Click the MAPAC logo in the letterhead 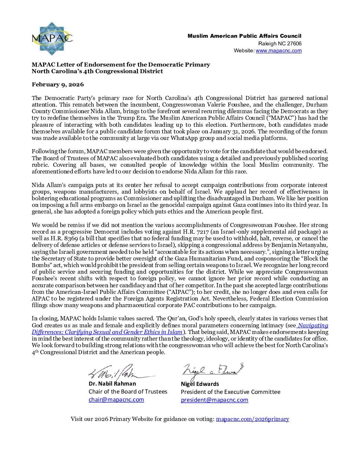point(52,38)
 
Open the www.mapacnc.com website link point(279,51)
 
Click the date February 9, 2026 point(58,84)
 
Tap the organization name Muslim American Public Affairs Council point(244,36)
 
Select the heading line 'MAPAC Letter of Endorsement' point(121,65)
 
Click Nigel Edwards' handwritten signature point(212,371)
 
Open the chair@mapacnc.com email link point(116,399)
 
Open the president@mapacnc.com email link point(214,400)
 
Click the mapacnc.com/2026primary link point(252,419)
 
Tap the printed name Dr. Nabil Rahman point(112,384)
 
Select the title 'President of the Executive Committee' point(230,392)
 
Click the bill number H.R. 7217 point(198,232)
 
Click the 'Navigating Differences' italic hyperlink point(180,329)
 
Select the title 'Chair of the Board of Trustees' point(128,392)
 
